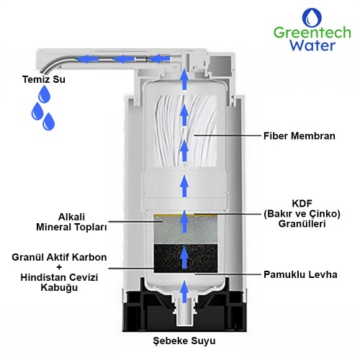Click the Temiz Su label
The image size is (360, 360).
(44, 79)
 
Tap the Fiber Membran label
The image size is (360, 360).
(300, 136)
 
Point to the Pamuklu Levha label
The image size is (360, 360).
(300, 274)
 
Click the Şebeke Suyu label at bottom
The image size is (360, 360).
(184, 341)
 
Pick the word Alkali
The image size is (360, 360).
(71, 217)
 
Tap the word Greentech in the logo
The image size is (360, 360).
(312, 32)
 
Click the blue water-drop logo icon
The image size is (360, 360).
(312, 17)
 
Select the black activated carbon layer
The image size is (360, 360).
(186, 258)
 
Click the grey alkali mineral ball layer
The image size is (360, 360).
(186, 230)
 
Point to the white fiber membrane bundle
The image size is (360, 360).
(186, 131)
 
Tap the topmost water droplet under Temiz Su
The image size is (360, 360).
(45, 94)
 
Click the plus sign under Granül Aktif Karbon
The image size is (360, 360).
(59, 267)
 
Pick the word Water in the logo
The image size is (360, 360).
(312, 45)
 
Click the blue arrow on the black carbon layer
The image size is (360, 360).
(184, 257)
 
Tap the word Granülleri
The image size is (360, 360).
(302, 224)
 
